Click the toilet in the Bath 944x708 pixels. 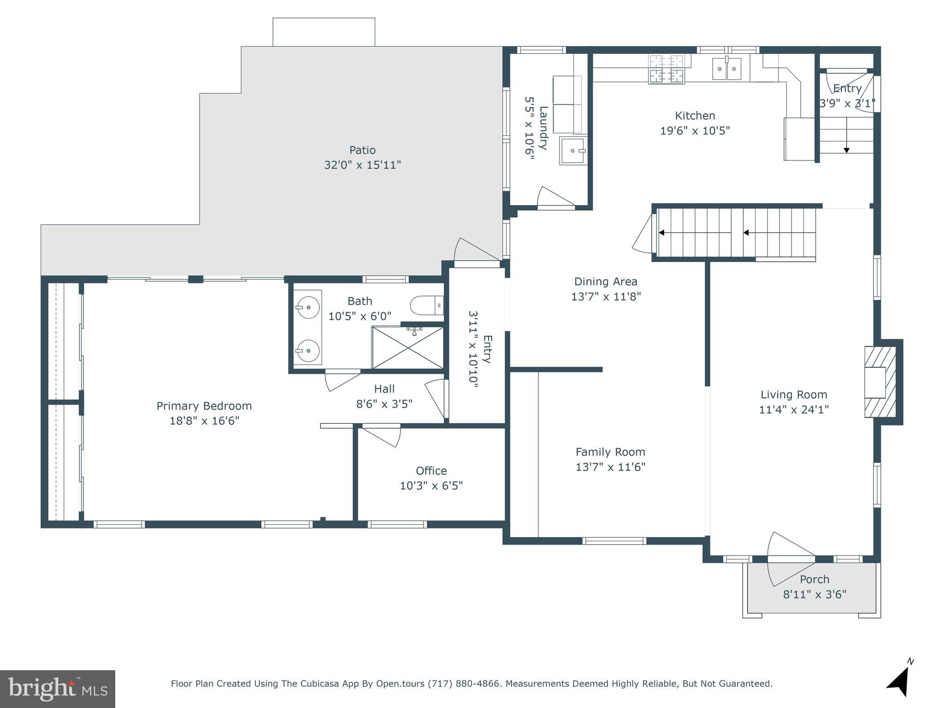coord(427,305)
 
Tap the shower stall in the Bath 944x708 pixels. coord(407,348)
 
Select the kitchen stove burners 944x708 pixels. coord(667,69)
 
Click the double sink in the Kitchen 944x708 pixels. coord(727,69)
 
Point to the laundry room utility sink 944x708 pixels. coord(572,150)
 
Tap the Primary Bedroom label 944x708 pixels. coord(204,406)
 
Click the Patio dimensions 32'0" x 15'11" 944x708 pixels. coord(362,165)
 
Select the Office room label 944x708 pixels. coord(431,471)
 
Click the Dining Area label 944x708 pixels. coord(606,282)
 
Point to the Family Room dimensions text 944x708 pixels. coord(610,467)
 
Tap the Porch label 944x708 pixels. coord(814,579)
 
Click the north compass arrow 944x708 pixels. coord(899,681)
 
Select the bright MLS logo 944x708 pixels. coord(58,689)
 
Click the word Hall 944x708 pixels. coord(384,389)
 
